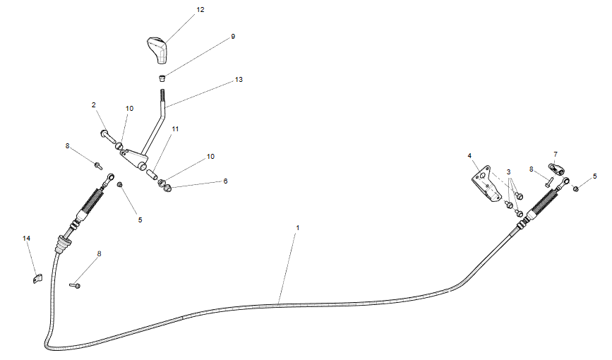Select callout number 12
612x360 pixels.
pyautogui.click(x=200, y=10)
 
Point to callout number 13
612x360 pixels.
pyautogui.click(x=239, y=80)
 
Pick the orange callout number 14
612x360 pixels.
pyautogui.click(x=27, y=239)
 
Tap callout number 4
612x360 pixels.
pyautogui.click(x=469, y=155)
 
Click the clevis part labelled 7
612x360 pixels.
pyautogui.click(x=556, y=169)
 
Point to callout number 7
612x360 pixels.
pyautogui.click(x=556, y=154)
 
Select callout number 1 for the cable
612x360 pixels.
pyautogui.click(x=298, y=228)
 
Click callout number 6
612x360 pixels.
pyautogui.click(x=225, y=181)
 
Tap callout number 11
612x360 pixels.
pyautogui.click(x=175, y=129)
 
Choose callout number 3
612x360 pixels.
pyautogui.click(x=508, y=172)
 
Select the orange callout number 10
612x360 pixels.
pyautogui.click(x=129, y=109)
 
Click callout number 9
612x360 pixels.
pyautogui.click(x=233, y=36)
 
